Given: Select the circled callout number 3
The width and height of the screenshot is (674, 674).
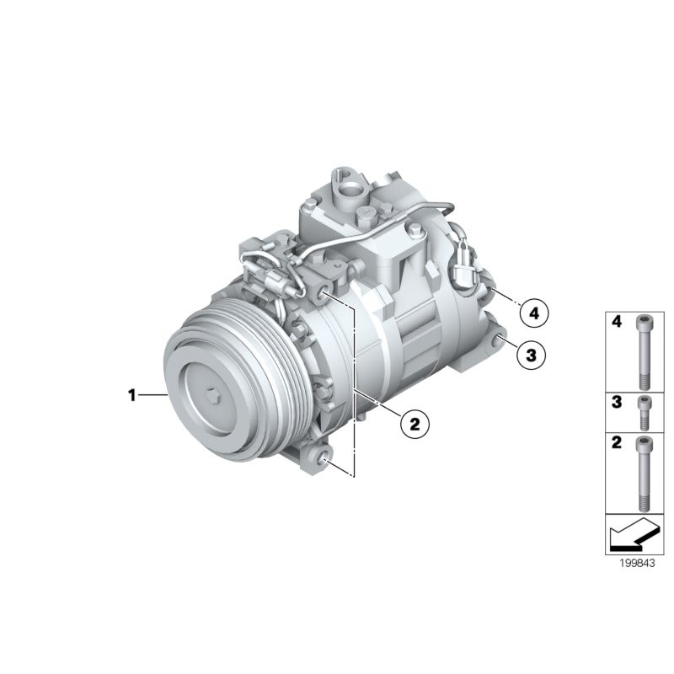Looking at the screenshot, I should pyautogui.click(x=531, y=355).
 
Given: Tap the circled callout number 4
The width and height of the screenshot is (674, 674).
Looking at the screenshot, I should pyautogui.click(x=532, y=313).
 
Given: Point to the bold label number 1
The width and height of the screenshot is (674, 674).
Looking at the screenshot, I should pyautogui.click(x=131, y=394).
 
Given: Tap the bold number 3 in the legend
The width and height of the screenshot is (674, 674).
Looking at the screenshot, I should pyautogui.click(x=616, y=403).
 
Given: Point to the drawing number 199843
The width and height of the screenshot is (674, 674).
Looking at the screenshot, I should pyautogui.click(x=631, y=565).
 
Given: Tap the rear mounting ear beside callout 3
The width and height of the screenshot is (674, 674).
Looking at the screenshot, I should pyautogui.click(x=500, y=340).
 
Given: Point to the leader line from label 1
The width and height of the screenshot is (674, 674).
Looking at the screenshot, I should pyautogui.click(x=153, y=394).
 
